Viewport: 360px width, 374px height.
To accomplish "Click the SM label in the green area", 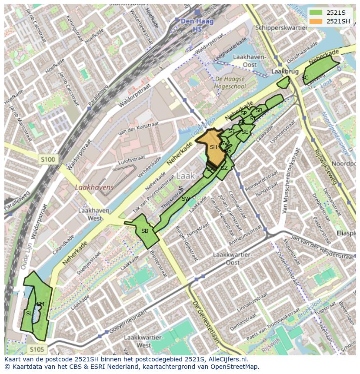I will pyautogui.click(x=40, y=304).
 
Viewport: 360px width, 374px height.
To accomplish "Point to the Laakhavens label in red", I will pyautogui.click(x=94, y=188).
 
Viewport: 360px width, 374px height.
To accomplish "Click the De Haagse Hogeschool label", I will pyautogui.click(x=230, y=83).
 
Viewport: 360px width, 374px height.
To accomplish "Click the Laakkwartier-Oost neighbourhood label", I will pyautogui.click(x=233, y=258).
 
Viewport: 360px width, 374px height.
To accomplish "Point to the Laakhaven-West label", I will pyautogui.click(x=95, y=214).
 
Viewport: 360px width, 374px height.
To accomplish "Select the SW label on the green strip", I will pyautogui.click(x=186, y=199).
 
